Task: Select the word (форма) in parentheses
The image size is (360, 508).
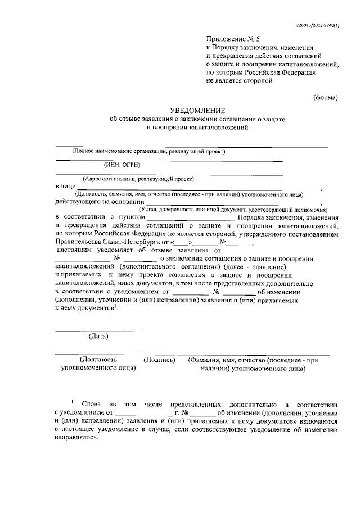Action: [x=326, y=97]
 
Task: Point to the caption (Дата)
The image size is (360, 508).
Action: [x=99, y=337]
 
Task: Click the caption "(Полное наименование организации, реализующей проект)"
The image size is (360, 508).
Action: [x=148, y=151]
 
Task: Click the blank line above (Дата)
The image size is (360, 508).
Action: [x=99, y=330]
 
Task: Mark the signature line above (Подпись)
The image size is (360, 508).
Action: [x=159, y=353]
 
